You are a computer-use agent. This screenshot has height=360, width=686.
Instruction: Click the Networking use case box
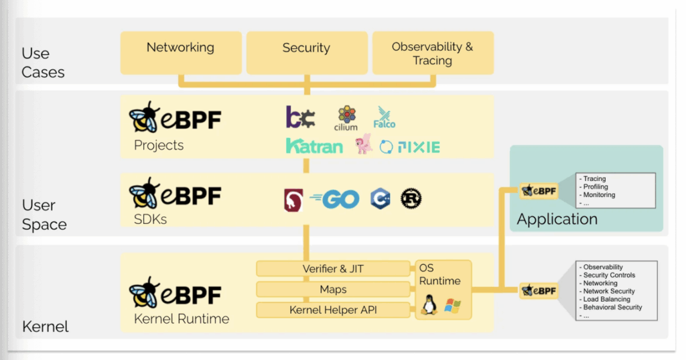coord(180,52)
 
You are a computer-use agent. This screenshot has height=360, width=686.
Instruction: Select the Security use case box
coord(306,52)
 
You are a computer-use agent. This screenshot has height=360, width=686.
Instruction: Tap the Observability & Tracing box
coord(432,54)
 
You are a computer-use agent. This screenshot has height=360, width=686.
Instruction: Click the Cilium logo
coord(346,118)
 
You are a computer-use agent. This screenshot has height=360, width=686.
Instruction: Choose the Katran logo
coord(314,145)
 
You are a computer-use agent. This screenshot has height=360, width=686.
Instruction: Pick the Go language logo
coord(335,199)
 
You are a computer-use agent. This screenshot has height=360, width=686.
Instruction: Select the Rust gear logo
coord(411,198)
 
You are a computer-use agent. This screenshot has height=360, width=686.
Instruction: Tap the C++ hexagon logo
coord(380,198)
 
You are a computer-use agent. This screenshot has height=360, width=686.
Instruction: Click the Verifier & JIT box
coord(333,269)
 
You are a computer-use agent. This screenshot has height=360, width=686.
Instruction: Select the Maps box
coord(333,290)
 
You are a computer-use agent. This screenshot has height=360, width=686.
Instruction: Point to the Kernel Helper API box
coord(333,310)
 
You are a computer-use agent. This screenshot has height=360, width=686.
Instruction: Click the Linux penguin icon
coord(429,306)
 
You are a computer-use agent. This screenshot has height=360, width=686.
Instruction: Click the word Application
coord(557,219)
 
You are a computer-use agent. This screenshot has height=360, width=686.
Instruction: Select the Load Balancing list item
coord(606,299)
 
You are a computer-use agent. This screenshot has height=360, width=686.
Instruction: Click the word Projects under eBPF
coord(159,145)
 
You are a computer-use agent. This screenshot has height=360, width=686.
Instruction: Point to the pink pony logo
coord(364,143)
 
